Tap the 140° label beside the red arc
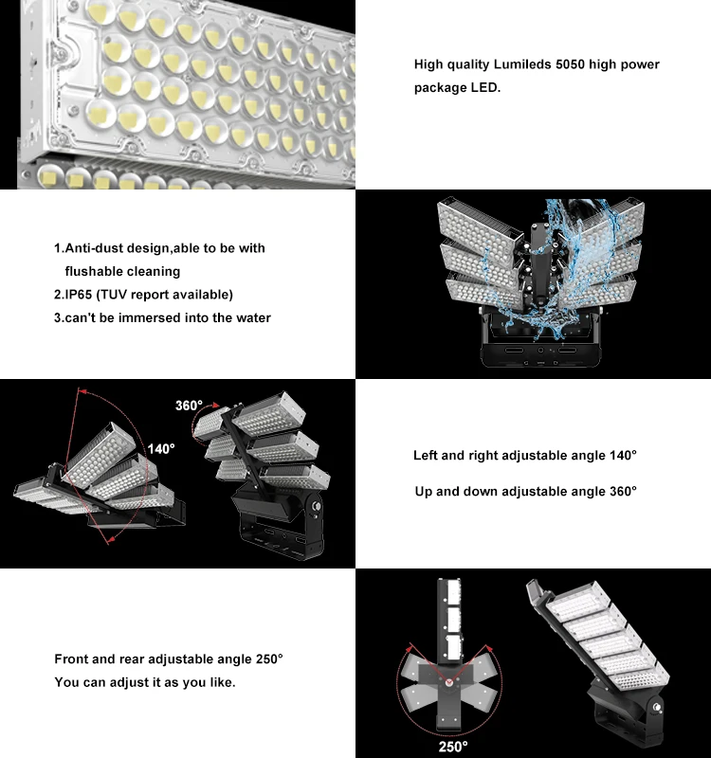[161, 448]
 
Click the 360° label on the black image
[190, 406]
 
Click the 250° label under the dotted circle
[452, 747]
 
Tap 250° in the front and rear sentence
[266, 659]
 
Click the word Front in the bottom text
[71, 659]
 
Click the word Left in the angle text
[427, 456]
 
